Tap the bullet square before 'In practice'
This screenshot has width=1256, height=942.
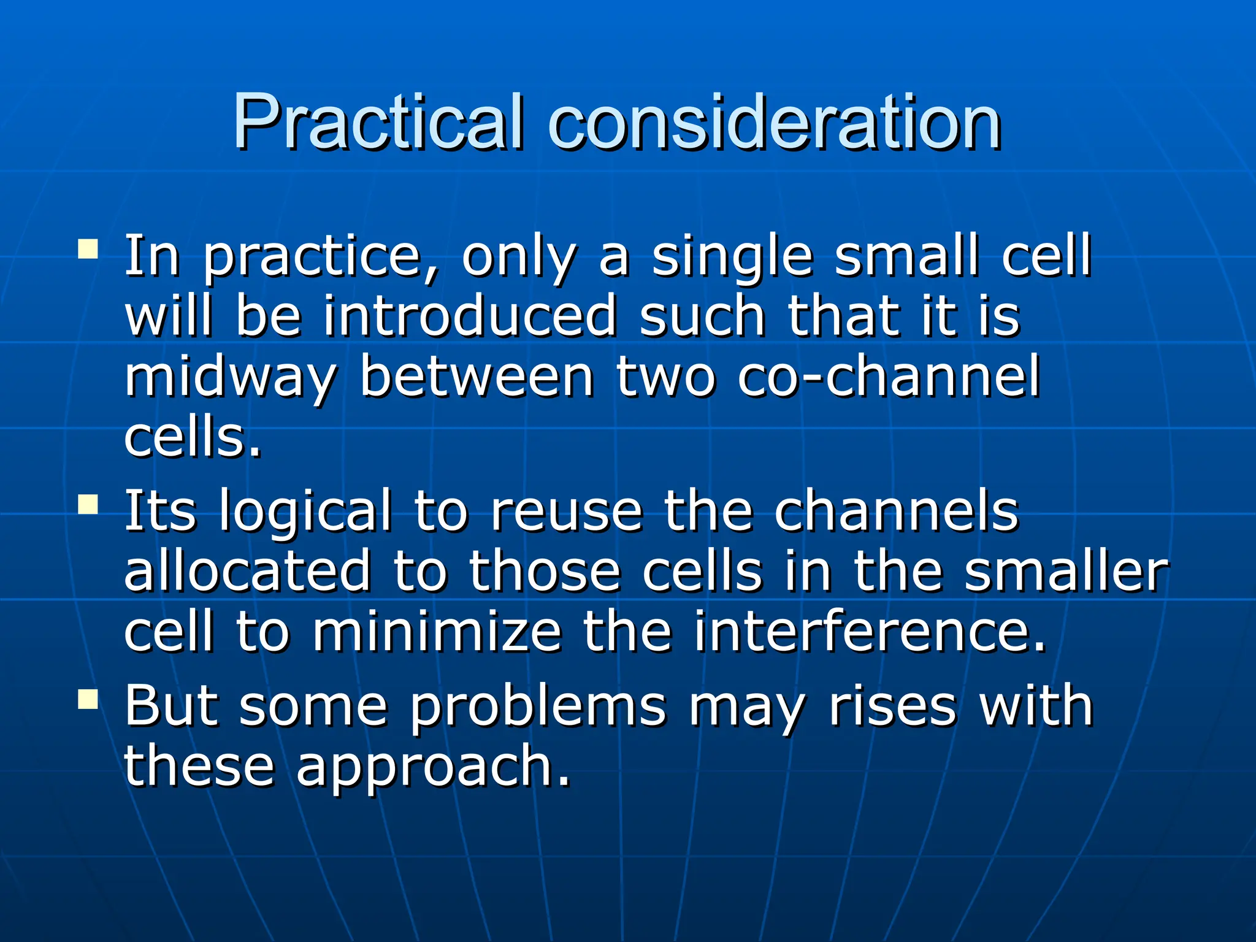coord(88,250)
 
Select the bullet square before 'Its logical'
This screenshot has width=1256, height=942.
coord(88,505)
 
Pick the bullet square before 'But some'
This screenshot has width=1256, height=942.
coord(88,699)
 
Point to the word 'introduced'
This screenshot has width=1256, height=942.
coord(469,316)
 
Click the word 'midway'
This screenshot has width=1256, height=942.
coord(231,377)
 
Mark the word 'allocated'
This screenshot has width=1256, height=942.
coord(248,571)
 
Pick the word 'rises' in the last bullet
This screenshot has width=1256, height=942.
coord(892,706)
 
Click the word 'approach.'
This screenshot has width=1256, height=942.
coord(433,767)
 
